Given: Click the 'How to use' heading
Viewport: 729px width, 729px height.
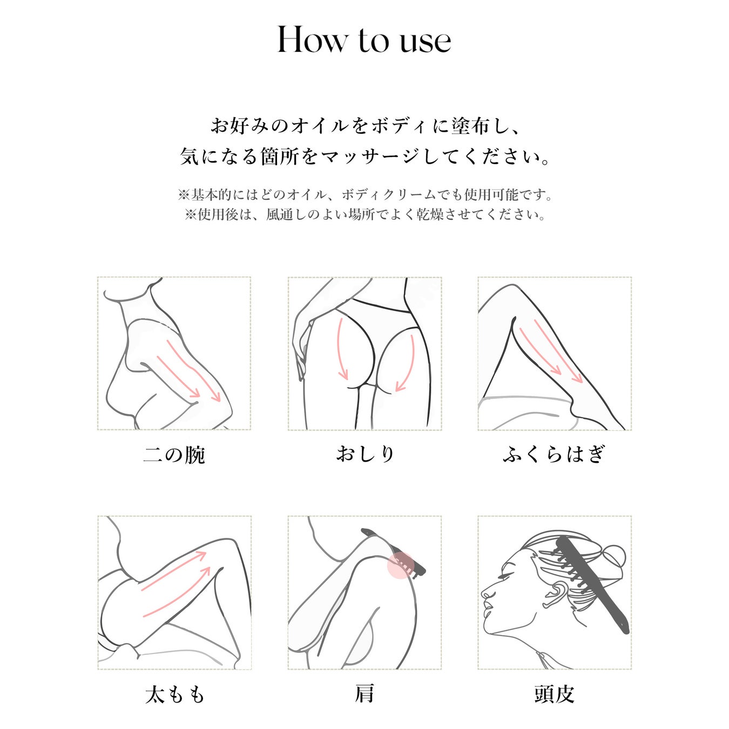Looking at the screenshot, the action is coord(364,39).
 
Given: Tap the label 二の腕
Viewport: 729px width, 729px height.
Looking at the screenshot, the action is coord(174,454).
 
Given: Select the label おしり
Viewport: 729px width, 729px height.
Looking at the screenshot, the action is coord(365,454).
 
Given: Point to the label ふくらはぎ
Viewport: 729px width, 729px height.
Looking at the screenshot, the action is coord(554,454).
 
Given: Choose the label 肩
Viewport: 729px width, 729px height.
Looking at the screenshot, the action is coord(364,694).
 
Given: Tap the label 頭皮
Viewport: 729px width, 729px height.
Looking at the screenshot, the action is coord(555,694).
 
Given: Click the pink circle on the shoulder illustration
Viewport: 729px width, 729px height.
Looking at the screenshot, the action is coord(401,565).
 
